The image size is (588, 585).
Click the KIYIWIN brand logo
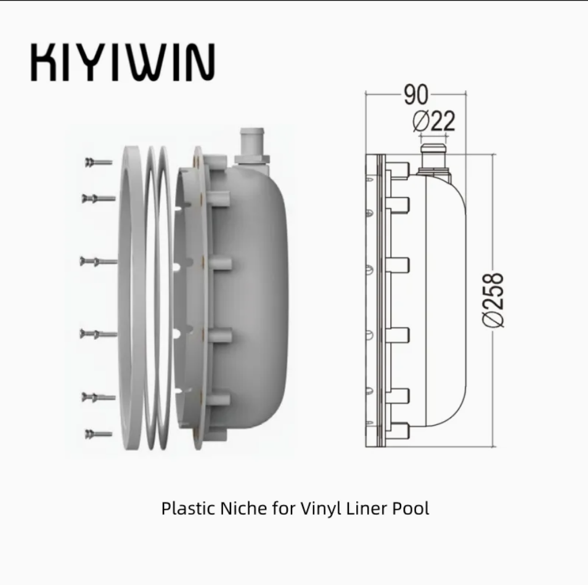point(123,62)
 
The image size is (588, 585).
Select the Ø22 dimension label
point(434,121)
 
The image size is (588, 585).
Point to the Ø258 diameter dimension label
point(492,300)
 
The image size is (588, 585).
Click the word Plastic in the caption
point(189,509)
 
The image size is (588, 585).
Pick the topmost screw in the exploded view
point(99,163)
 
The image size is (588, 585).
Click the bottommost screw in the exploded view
point(99,434)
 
